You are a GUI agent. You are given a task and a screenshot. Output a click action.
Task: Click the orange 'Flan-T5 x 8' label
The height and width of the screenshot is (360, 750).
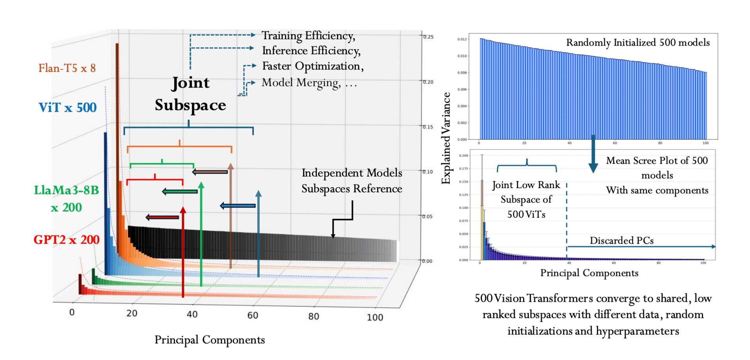[x=67, y=68]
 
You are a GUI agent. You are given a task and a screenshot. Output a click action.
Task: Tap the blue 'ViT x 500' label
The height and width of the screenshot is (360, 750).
[x=68, y=107]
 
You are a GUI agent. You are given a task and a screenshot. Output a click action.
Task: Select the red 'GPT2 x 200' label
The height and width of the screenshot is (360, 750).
[x=66, y=239]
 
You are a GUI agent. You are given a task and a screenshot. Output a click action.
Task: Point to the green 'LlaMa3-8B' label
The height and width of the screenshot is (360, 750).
[x=66, y=190]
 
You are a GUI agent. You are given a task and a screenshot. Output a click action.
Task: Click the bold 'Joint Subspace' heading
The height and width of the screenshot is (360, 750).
[x=190, y=94]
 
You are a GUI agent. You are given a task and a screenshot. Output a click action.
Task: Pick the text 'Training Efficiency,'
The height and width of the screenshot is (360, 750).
[x=308, y=36]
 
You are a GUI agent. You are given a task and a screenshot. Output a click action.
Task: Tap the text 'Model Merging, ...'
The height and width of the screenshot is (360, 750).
[x=309, y=83]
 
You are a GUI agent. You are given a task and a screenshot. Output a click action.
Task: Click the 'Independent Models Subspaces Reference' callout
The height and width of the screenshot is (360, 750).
[x=352, y=181]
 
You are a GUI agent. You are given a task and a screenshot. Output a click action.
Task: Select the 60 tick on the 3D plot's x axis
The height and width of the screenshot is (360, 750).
[x=253, y=315]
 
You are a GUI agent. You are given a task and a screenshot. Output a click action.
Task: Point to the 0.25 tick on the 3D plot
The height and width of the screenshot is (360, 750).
[x=428, y=37]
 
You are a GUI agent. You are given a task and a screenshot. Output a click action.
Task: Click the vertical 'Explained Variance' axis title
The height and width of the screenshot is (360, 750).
[x=446, y=138]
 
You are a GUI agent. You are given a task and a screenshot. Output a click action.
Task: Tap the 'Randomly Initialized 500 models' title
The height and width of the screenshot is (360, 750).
[x=638, y=43]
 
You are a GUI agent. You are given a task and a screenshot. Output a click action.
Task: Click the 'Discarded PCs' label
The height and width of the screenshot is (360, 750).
[x=621, y=241]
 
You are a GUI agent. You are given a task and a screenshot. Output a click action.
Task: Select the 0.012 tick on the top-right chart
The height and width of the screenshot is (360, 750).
[x=462, y=39]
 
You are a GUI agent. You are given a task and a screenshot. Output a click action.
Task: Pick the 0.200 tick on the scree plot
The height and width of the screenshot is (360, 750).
[x=464, y=155]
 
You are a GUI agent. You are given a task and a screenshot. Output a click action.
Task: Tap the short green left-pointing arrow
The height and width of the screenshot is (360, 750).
[x=180, y=191]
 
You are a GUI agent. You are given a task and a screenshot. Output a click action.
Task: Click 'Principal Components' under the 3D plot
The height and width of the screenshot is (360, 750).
[x=209, y=340]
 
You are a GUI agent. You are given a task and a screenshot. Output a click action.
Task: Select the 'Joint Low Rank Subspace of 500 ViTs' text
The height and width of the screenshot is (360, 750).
[x=526, y=200]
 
